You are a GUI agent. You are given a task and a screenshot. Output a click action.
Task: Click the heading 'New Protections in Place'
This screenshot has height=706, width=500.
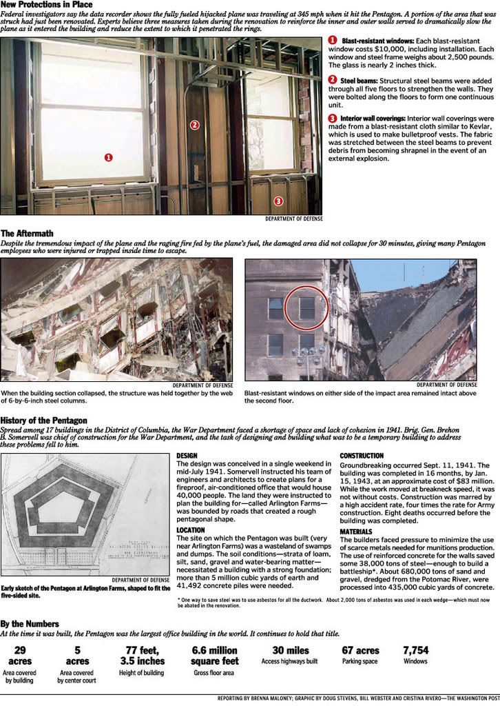coord(46,5)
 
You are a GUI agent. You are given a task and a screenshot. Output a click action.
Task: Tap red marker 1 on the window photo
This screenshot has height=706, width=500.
coord(109,157)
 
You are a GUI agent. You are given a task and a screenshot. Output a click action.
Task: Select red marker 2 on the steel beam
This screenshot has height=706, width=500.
coord(195,125)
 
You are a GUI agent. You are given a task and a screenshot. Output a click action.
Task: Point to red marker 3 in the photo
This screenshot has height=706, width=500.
coord(278,201)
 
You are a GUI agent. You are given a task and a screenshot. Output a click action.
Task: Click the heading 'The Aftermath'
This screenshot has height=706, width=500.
coord(27,234)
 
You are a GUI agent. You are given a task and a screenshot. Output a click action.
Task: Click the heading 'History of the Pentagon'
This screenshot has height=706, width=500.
coord(43,420)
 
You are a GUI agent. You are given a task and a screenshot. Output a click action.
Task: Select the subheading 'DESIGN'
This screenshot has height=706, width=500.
coord(187,456)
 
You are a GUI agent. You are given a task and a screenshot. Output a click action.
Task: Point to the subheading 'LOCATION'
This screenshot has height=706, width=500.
coord(191,530)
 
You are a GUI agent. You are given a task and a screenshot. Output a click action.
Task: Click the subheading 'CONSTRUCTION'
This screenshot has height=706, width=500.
coord(362,456)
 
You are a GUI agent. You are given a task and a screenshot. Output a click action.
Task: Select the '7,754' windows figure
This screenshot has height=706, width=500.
coord(415,649)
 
